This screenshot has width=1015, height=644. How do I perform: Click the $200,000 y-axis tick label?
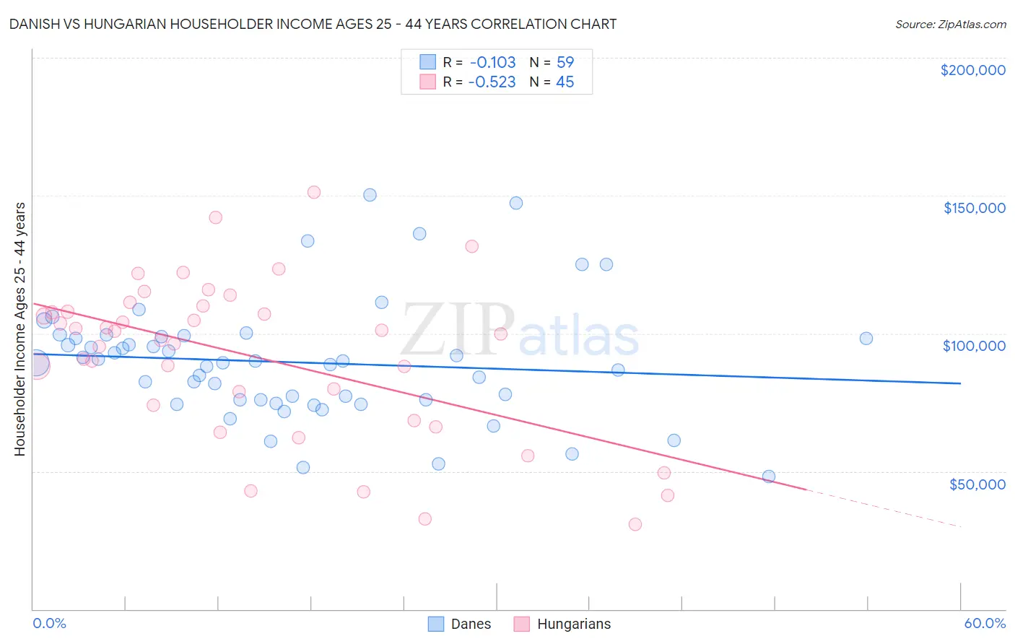click(972, 70)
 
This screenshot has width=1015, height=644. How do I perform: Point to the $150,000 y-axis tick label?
click(974, 208)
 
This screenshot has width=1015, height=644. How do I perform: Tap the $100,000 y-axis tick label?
click(974, 346)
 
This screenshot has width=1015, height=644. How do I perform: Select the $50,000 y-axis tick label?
click(977, 484)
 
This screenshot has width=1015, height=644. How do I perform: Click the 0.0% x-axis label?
click(49, 623)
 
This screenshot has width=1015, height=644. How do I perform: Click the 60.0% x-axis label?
click(985, 623)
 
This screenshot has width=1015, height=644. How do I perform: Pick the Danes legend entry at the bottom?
click(460, 624)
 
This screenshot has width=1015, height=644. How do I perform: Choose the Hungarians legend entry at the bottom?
click(562, 624)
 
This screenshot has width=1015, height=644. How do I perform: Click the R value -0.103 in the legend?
click(492, 62)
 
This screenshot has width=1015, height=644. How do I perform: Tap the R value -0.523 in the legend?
click(492, 82)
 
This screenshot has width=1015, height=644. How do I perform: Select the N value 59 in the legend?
click(565, 62)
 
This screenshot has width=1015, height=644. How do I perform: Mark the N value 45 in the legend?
click(565, 82)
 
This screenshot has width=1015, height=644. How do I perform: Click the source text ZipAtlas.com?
click(950, 24)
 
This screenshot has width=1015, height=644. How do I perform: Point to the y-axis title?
click(20, 329)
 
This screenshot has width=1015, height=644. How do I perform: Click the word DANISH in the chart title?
click(35, 24)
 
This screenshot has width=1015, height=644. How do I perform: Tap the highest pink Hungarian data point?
click(314, 192)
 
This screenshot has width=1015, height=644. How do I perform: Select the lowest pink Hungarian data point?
click(635, 524)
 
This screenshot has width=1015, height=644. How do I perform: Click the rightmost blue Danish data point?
click(866, 338)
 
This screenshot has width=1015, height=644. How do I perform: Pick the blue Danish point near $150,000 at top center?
click(370, 195)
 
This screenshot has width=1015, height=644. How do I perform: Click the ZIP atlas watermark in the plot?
click(520, 332)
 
